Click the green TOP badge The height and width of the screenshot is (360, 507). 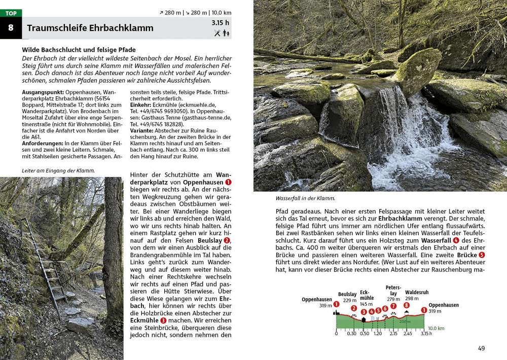pos(11,13)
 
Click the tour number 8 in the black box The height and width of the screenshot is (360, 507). pos(11,28)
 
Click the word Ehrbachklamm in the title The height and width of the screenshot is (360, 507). pos(121,28)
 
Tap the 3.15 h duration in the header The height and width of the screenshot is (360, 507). pos(221,23)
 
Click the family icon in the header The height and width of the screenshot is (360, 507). pos(226,33)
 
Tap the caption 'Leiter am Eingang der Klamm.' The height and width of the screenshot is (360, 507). pos(58,171)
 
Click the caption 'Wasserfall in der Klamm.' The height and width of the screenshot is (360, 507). pos(305,198)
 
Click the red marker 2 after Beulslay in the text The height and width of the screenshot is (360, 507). pos(227,240)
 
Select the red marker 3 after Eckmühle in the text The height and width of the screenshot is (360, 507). pos(163,320)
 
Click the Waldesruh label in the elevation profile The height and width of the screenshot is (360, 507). pos(417,292)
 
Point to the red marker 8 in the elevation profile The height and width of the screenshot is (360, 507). pos(407,305)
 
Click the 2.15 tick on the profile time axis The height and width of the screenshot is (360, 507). pos(393,333)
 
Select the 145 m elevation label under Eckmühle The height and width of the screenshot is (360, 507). pos(366,304)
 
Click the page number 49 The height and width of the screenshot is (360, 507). pos(481,348)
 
